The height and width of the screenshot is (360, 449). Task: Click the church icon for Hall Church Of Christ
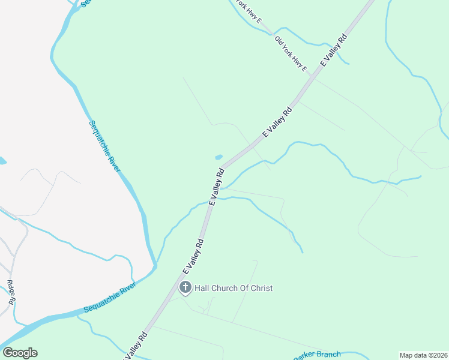pyautogui.click(x=185, y=288)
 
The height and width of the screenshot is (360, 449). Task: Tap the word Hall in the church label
pyautogui.click(x=203, y=289)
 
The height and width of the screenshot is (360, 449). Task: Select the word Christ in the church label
pyautogui.click(x=261, y=289)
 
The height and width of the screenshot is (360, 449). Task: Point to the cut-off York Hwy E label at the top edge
pyautogui.click(x=248, y=11)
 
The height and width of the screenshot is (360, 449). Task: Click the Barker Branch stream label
pyautogui.click(x=318, y=355)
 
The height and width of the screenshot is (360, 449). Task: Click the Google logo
pyautogui.click(x=20, y=353)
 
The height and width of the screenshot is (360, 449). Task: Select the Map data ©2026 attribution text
pyautogui.click(x=423, y=355)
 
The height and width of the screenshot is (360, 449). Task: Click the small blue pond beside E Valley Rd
pyautogui.click(x=218, y=157)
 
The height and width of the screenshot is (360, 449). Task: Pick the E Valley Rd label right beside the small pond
pyautogui.click(x=216, y=187)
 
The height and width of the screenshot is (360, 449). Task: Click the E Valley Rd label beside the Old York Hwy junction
pyautogui.click(x=334, y=50)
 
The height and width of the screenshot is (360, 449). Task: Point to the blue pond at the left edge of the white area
pyautogui.click(x=2, y=161)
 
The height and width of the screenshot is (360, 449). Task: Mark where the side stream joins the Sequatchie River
pyautogui.click(x=155, y=265)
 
